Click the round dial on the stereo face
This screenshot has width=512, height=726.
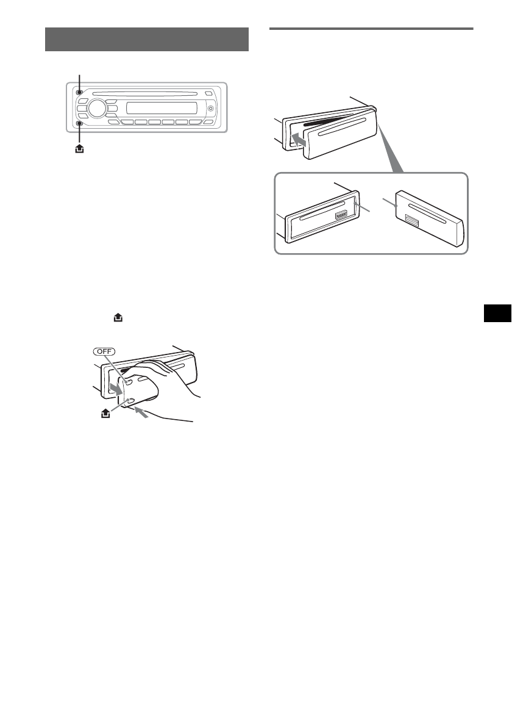tap(96, 109)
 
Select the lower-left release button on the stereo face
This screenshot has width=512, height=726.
tap(80, 123)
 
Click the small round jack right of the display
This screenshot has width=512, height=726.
tap(211, 109)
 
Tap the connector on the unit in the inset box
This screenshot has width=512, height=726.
tap(341, 216)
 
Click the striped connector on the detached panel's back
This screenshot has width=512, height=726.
tap(411, 222)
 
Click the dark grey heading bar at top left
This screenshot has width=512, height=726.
tap(146, 40)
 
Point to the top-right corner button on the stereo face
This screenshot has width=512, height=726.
tap(209, 93)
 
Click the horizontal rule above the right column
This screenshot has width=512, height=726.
tap(371, 28)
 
